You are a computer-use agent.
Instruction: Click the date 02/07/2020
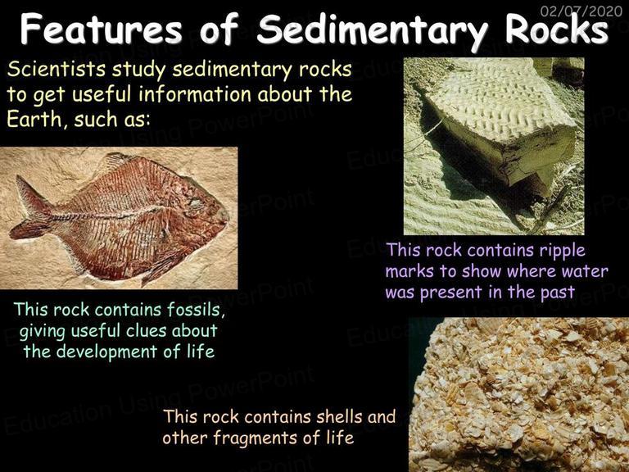(581, 10)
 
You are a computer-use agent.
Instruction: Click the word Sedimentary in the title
(373, 29)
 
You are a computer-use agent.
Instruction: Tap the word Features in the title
(102, 29)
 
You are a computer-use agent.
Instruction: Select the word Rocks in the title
(556, 29)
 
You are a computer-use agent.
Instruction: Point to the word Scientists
(57, 69)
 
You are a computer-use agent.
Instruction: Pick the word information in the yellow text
(195, 94)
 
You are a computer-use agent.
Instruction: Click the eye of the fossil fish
(197, 203)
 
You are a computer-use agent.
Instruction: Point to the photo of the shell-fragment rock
(518, 394)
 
